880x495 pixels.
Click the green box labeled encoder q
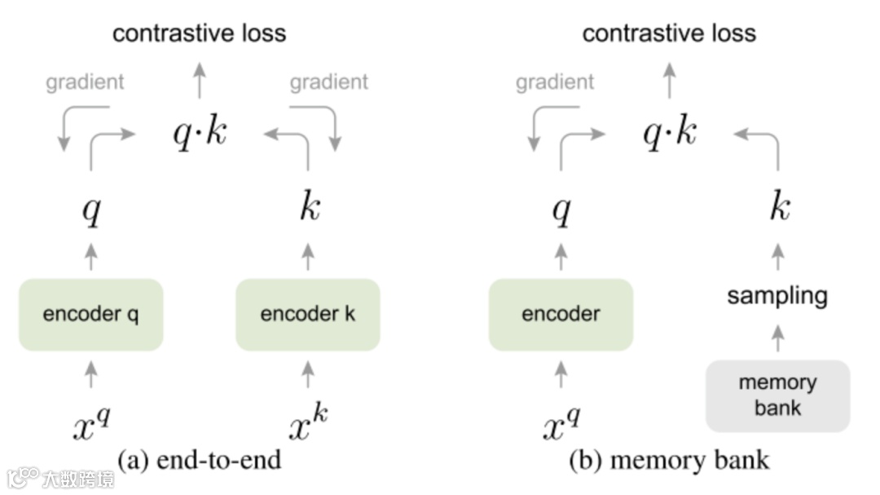tap(90, 315)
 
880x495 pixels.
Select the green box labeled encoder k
tap(307, 315)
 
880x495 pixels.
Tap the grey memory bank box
tap(777, 396)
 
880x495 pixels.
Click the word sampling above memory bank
tap(777, 295)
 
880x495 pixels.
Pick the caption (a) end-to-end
tap(199, 460)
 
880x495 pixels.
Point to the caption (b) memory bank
tap(668, 460)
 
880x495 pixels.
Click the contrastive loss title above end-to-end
tap(200, 33)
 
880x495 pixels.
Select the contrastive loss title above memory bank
tap(669, 33)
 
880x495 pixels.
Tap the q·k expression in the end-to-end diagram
tap(200, 133)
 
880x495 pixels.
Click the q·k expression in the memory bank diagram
tap(669, 133)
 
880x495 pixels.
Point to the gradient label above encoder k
tap(329, 82)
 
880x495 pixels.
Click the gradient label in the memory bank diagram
tap(555, 82)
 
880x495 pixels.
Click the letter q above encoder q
tap(91, 210)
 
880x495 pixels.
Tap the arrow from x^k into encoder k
tap(307, 374)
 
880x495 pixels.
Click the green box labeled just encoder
tap(561, 315)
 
